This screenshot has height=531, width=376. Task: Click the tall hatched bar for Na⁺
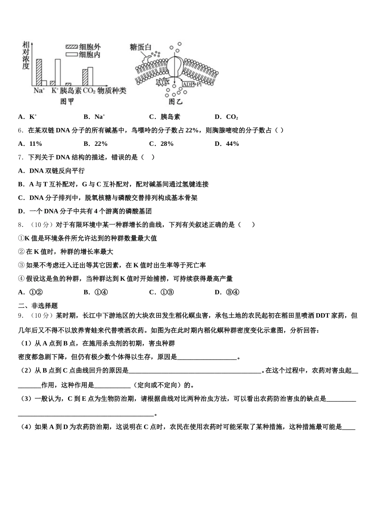[x=39, y=72]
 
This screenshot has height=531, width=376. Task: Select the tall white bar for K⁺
[x=58, y=72]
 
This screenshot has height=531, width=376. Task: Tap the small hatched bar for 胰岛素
[x=68, y=84]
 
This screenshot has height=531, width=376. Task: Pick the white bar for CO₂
[x=90, y=76]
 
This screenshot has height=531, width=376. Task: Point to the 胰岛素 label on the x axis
[x=71, y=91]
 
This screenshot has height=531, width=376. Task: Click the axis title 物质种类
[x=112, y=91]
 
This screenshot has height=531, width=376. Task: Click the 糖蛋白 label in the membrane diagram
[x=141, y=47]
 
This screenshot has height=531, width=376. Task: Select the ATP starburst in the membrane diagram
[x=163, y=82]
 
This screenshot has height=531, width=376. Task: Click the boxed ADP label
[x=187, y=84]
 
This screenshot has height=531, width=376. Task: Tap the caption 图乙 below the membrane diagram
[x=176, y=102]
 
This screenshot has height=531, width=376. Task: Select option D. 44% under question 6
[x=227, y=144]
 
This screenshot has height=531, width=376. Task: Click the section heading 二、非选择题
[x=38, y=305]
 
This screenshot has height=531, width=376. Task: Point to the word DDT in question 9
[x=323, y=316]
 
